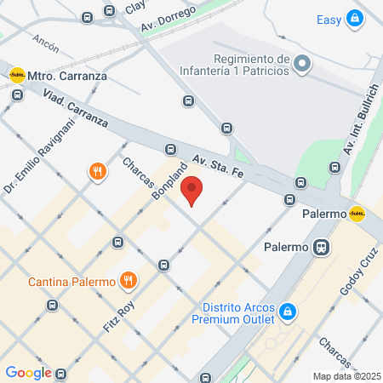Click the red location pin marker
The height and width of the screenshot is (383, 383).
(192, 191)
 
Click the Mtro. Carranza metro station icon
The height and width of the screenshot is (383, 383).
(16, 75)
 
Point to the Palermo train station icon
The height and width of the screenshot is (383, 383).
(321, 248)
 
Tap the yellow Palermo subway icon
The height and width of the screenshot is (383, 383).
(357, 213)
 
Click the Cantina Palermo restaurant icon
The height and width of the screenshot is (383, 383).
(128, 280)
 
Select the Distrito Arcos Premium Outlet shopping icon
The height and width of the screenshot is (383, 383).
(289, 312)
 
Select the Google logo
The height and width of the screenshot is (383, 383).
(28, 372)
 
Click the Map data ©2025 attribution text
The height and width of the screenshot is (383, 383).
(346, 375)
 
